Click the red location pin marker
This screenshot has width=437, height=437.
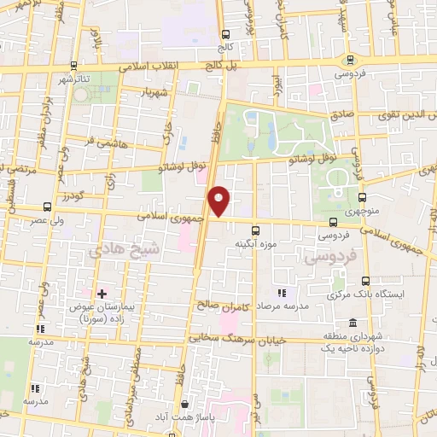point(219,201)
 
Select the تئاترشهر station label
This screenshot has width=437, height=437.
point(73,79)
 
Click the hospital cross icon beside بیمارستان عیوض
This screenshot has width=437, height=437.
point(101,294)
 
